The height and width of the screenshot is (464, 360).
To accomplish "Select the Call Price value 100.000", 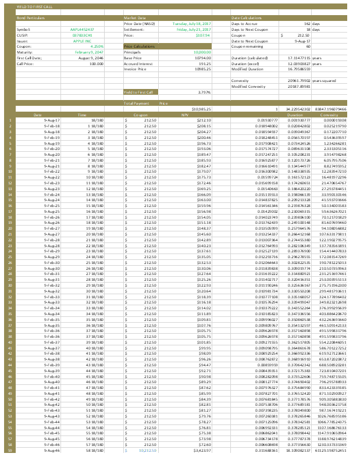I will pyautogui.click(x=96, y=62).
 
